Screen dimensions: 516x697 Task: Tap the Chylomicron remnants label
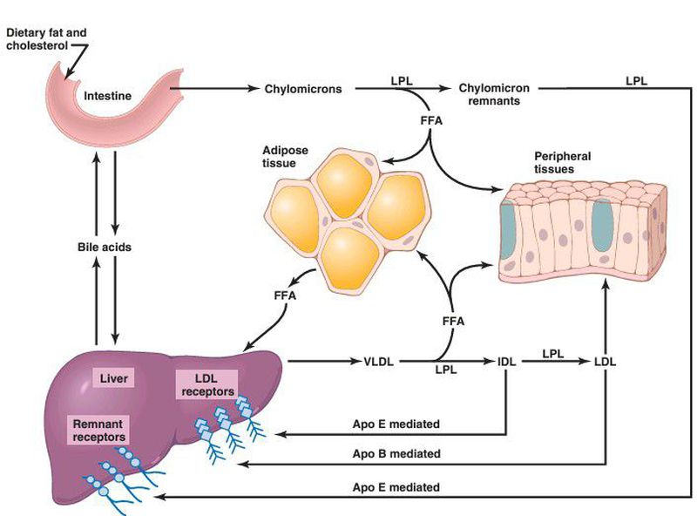click(490, 94)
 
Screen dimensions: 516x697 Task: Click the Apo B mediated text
click(396, 454)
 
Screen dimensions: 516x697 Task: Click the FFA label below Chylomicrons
click(430, 119)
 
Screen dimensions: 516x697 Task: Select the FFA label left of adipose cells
click(284, 296)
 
